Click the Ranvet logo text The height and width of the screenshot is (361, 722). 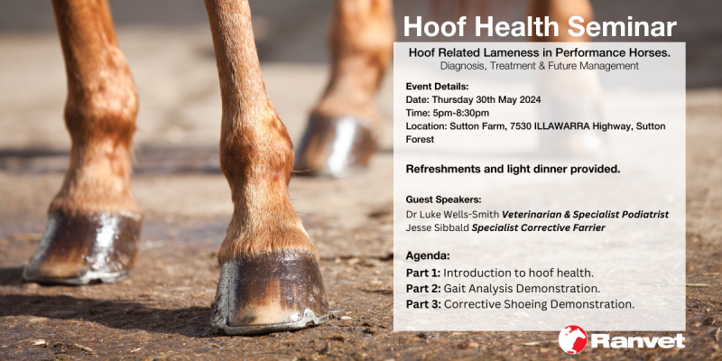(637, 341)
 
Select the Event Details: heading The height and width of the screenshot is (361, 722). (438, 87)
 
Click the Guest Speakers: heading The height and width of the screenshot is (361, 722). (443, 199)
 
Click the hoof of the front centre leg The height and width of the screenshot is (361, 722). (269, 289)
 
